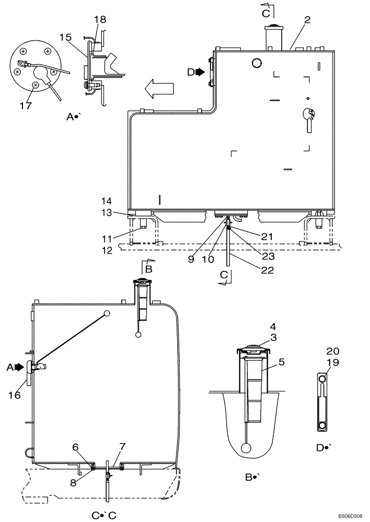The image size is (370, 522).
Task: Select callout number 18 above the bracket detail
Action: tap(100, 19)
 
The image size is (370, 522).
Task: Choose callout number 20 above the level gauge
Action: tap(333, 351)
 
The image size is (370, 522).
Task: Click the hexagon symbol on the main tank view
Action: tap(256, 63)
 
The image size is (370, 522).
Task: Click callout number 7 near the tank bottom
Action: tap(123, 447)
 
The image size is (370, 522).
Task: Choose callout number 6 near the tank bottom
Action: tap(76, 447)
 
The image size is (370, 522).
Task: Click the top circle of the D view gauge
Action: tap(323, 379)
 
